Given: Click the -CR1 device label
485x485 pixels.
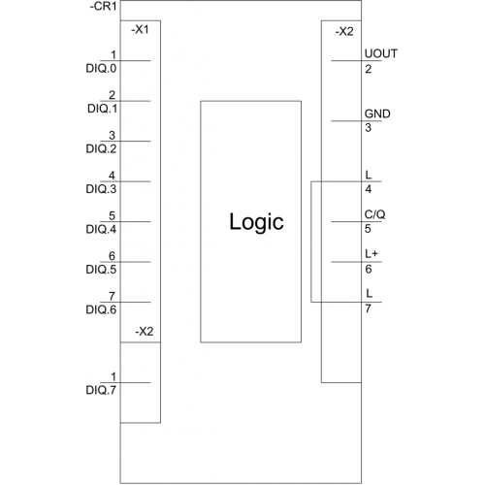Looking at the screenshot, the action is click(x=103, y=7).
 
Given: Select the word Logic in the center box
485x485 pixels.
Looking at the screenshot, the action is click(x=256, y=222).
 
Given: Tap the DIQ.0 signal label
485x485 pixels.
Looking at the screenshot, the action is click(x=101, y=69).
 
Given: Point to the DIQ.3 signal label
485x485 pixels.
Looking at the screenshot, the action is click(x=101, y=189).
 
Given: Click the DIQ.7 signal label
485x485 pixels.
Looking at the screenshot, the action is click(x=101, y=390).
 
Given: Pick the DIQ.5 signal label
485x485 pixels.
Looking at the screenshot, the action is click(x=101, y=270).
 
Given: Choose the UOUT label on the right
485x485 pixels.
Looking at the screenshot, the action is click(x=381, y=53).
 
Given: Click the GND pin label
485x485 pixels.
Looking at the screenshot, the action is click(x=377, y=113).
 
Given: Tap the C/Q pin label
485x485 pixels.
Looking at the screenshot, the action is click(x=374, y=214).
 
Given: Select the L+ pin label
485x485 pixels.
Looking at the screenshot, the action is click(x=372, y=254).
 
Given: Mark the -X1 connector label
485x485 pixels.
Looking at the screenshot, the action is click(x=140, y=30).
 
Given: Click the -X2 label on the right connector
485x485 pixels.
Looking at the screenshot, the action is click(x=344, y=32).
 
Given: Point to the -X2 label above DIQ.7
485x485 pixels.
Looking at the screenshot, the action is click(x=145, y=332).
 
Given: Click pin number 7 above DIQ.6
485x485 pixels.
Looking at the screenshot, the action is click(x=112, y=296).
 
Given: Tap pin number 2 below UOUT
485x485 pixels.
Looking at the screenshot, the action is click(x=369, y=69).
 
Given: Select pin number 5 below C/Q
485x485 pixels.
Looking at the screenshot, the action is click(x=368, y=229).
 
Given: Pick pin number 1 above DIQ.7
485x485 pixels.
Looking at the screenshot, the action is click(x=113, y=376).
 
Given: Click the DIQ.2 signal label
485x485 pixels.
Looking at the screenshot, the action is click(x=101, y=148).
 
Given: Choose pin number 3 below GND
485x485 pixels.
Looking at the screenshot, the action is click(x=369, y=128).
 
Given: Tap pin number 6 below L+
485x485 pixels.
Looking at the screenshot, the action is click(x=369, y=270).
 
